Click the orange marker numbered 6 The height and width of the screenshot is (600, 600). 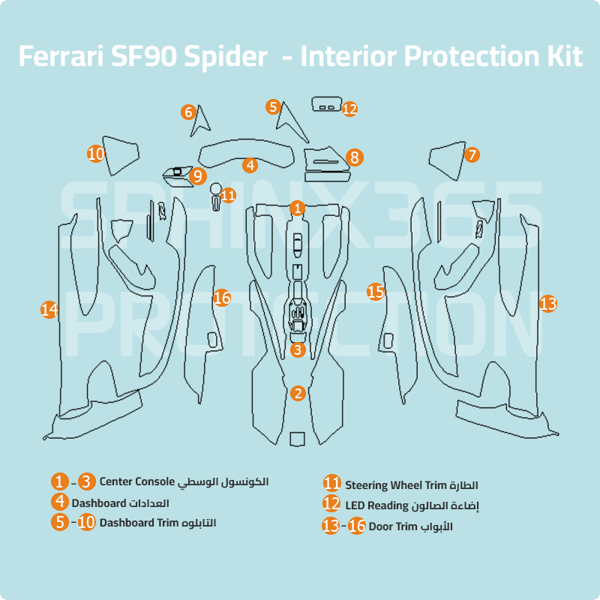point(188,112)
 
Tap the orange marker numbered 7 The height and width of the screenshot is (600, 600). point(471,155)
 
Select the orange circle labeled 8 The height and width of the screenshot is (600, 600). point(355,157)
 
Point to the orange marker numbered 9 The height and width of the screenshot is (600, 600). point(198,176)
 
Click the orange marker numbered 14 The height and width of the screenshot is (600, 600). point(49,309)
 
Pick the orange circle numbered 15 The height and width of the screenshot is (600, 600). point(376,291)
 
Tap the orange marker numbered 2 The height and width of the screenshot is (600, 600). point(298,393)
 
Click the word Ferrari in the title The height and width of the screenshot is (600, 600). point(63,57)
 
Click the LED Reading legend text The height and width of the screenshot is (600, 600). point(376,505)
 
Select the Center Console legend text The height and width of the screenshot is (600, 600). point(136,481)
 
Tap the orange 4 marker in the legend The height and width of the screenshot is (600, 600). point(60,502)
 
